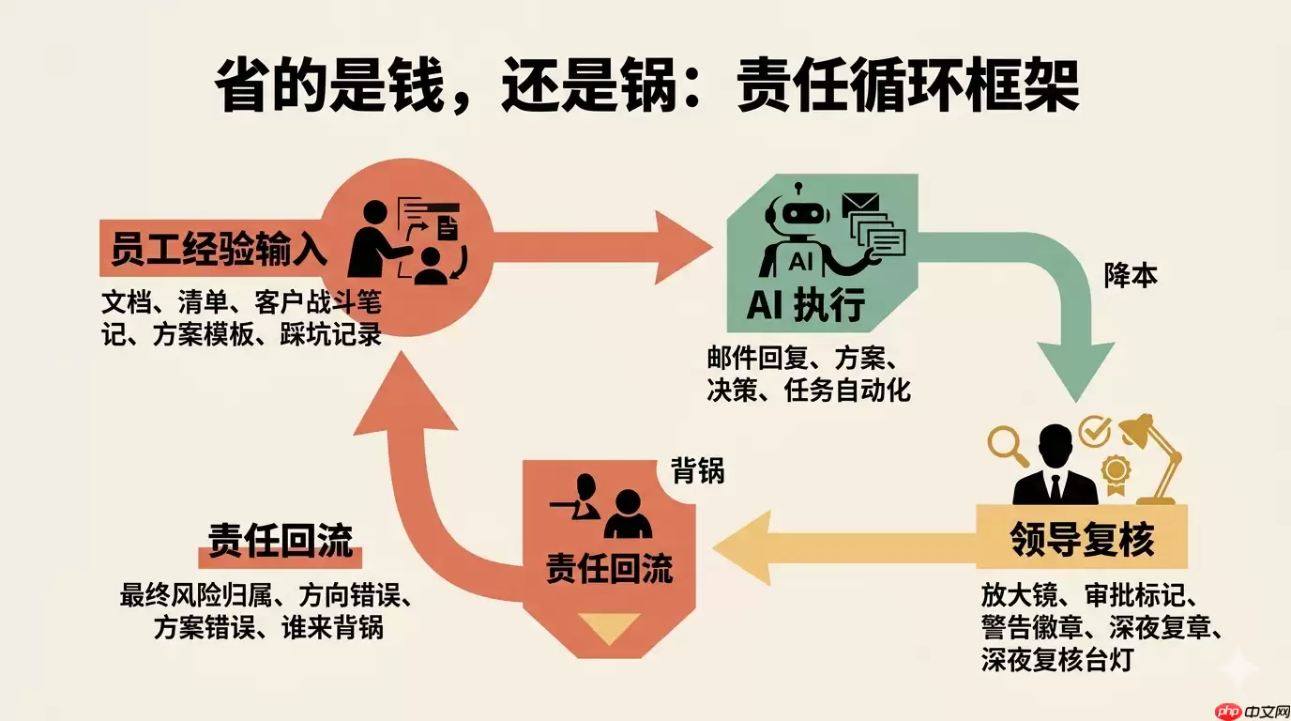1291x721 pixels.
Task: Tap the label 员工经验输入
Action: click(218, 250)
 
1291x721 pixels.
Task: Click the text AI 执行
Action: click(806, 304)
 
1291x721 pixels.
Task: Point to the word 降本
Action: click(1131, 276)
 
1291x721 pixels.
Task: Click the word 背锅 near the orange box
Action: click(697, 471)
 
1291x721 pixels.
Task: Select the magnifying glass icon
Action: click(1010, 445)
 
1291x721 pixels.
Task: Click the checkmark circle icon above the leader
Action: click(1094, 430)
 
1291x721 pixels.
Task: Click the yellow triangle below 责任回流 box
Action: click(609, 627)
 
